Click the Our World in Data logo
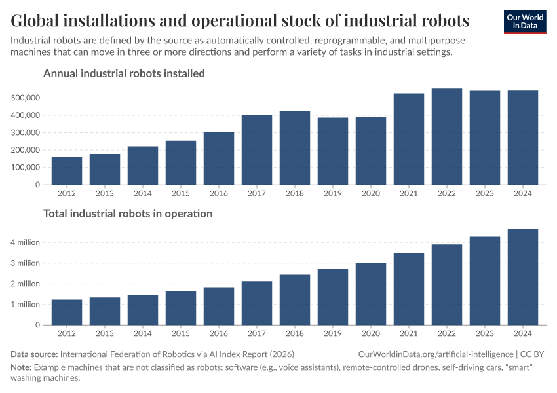click(x=524, y=21)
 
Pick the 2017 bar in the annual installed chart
click(x=257, y=150)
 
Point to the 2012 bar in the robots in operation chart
click(x=67, y=312)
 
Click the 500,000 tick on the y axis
click(x=26, y=98)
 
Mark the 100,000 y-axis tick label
click(x=26, y=167)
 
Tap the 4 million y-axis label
click(x=26, y=242)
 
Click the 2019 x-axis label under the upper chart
click(x=333, y=193)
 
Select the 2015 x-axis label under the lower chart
click(x=181, y=333)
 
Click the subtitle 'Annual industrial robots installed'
click(x=124, y=73)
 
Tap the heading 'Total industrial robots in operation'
click(x=128, y=214)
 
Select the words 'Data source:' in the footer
click(x=34, y=354)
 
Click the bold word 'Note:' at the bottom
click(x=22, y=367)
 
